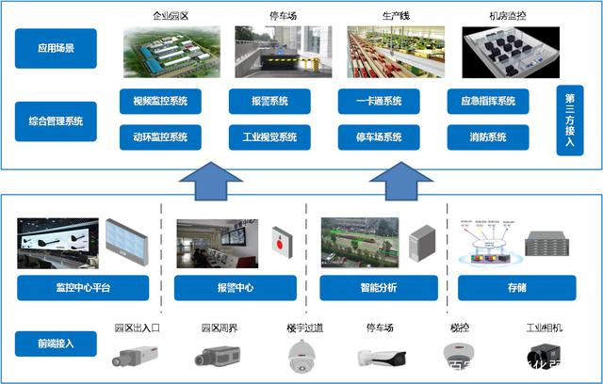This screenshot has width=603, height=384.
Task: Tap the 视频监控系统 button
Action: [x=160, y=101]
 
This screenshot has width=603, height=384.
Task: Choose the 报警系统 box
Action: [x=271, y=101]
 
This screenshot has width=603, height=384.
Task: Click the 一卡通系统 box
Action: [x=381, y=101]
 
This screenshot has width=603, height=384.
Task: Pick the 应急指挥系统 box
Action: [x=488, y=101]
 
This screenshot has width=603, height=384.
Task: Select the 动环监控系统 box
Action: [x=160, y=136]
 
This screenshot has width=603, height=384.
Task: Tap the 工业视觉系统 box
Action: [x=271, y=136]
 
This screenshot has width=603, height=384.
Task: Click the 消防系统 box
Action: [x=488, y=136]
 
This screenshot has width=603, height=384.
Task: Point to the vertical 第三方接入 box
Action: [x=570, y=120]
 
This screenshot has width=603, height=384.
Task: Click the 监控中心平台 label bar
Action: [x=83, y=288]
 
